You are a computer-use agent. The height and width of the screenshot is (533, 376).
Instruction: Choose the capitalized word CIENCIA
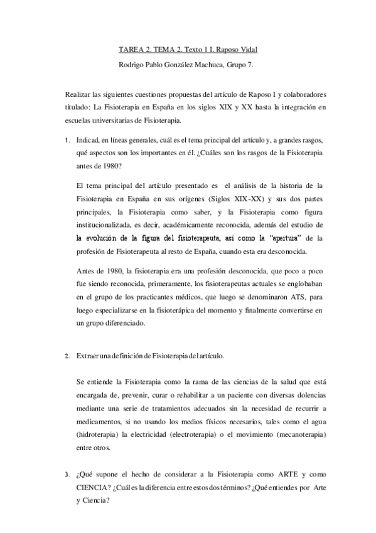92,486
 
